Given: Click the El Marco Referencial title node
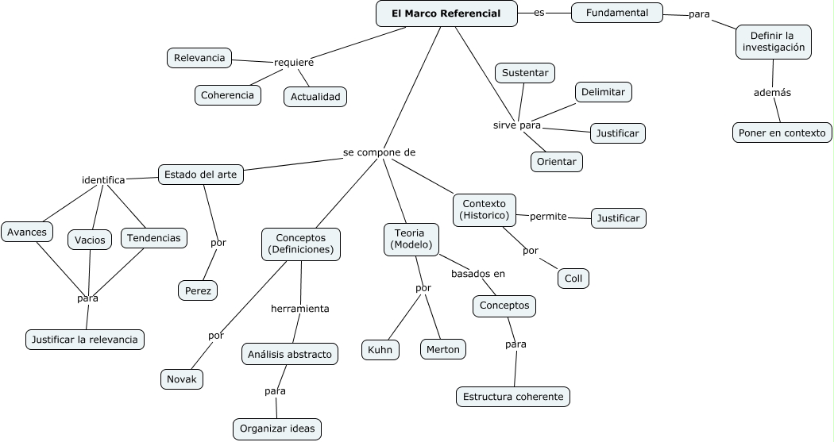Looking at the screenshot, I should click(x=446, y=13).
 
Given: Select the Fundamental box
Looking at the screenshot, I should click(x=617, y=13).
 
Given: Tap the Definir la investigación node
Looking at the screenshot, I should click(x=774, y=41).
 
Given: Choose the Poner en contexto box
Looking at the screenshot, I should click(x=782, y=133).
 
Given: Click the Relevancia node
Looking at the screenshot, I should click(x=199, y=57).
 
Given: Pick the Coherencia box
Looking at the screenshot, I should click(x=228, y=95).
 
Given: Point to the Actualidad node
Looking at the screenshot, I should click(x=315, y=97).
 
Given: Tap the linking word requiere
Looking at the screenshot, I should click(x=293, y=63).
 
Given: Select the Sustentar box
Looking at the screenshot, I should click(x=525, y=73).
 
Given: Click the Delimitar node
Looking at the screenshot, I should click(x=603, y=92).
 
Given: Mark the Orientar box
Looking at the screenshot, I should click(x=556, y=161).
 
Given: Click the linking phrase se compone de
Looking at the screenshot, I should click(x=379, y=152).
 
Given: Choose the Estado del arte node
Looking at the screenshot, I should click(x=200, y=175).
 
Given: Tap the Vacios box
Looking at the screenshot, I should click(x=90, y=240).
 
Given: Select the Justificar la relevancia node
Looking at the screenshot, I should click(x=85, y=340).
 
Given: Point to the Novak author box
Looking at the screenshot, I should click(x=182, y=379).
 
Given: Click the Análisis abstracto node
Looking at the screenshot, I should click(x=290, y=354).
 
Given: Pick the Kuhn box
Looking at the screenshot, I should click(x=380, y=349).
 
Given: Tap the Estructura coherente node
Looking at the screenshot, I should click(x=513, y=396).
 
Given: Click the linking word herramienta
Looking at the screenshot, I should click(x=299, y=308).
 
